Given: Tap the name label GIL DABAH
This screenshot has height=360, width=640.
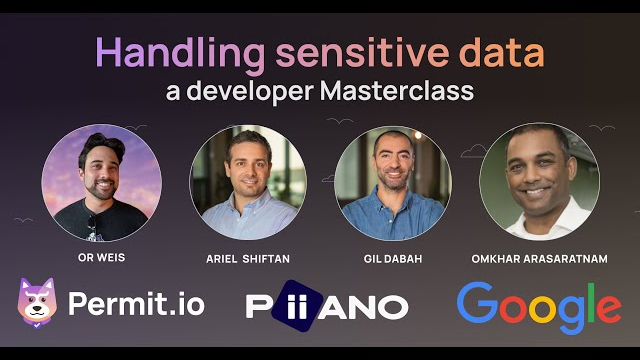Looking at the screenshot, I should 393,259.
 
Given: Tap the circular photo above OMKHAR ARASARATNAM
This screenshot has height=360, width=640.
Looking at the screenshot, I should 539,181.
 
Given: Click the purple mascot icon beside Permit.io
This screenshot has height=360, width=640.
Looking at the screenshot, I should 38,303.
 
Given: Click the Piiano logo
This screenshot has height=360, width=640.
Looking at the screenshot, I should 327,305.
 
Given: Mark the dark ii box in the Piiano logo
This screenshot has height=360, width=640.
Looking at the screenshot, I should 291,305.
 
